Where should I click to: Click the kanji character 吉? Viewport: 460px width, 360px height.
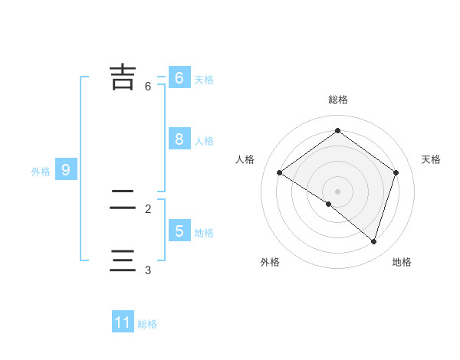click(x=123, y=77)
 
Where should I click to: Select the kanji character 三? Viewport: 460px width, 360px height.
click(x=123, y=260)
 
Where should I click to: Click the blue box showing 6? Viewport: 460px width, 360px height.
click(x=179, y=77)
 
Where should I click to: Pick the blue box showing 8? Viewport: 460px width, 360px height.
click(x=179, y=139)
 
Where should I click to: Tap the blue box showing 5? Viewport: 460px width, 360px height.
click(x=179, y=231)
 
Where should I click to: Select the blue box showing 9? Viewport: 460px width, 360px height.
click(x=66, y=169)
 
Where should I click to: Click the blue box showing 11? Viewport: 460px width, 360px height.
click(x=123, y=322)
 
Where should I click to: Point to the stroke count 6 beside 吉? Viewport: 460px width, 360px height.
click(x=148, y=87)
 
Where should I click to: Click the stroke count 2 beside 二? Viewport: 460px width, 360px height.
click(x=148, y=208)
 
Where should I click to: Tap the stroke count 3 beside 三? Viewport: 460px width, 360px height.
click(x=148, y=270)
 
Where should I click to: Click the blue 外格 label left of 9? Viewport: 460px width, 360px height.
click(x=41, y=172)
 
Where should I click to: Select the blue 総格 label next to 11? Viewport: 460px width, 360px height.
click(x=147, y=324)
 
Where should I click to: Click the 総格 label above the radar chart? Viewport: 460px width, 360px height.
click(x=337, y=100)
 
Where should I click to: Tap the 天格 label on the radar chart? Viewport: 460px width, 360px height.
click(x=431, y=159)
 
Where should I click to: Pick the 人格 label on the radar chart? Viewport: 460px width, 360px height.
click(x=245, y=159)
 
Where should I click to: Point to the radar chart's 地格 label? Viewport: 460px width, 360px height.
click(x=402, y=262)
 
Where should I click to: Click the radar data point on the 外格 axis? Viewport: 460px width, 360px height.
click(x=329, y=204)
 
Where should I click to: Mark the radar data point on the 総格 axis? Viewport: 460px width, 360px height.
click(x=337, y=130)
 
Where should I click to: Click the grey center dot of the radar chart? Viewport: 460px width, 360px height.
click(x=337, y=191)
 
